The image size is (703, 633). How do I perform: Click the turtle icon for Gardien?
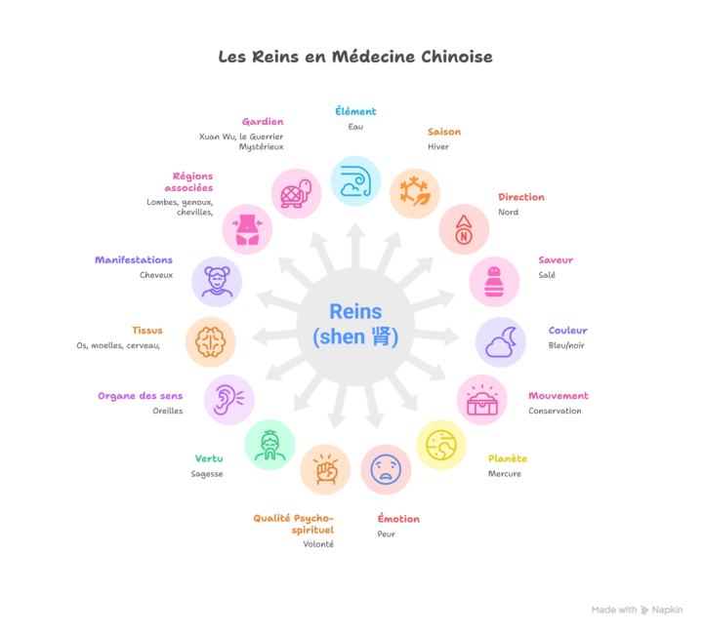tap(296, 193)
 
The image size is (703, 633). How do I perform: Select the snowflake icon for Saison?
tap(415, 193)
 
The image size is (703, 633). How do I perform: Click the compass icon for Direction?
tap(464, 229)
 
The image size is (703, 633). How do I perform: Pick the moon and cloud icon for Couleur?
tap(500, 342)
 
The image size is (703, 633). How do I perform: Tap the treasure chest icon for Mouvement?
tap(482, 400)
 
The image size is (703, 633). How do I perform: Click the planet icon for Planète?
tap(441, 445)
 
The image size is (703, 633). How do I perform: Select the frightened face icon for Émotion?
tap(386, 469)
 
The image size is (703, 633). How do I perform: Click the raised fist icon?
tap(325, 469)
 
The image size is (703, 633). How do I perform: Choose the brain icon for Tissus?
tap(211, 342)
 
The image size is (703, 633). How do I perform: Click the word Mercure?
tap(505, 474)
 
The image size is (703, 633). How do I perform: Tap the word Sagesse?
tap(207, 474)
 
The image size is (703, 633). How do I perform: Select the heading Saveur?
tap(556, 260)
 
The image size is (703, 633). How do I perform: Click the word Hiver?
tap(438, 147)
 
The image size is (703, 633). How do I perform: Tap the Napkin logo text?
tap(668, 610)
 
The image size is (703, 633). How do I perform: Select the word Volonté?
tap(318, 544)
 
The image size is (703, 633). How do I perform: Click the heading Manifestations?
tap(134, 260)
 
